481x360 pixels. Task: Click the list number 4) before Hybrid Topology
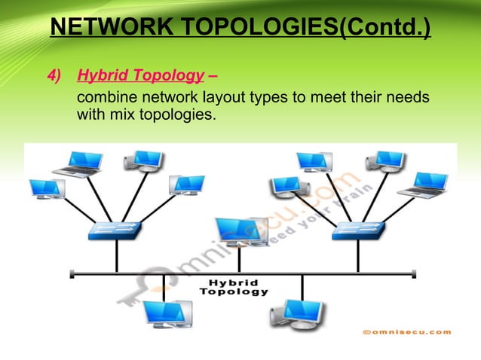click(56, 75)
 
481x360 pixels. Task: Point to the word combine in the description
click(105, 99)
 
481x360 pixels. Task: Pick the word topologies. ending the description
click(167, 116)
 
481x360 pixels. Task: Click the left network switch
click(115, 230)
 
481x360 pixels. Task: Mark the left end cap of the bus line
click(71, 273)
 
